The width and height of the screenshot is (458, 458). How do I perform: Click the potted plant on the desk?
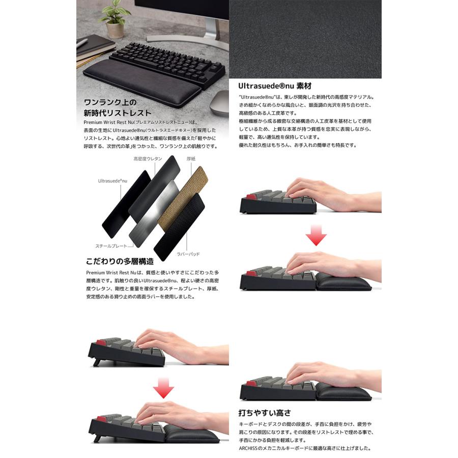[x=114, y=21]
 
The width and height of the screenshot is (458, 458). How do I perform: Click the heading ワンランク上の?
[x=110, y=102]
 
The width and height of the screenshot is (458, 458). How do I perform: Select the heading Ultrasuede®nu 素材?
[x=275, y=86]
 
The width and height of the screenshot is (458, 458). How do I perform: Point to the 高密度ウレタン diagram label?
[x=148, y=159]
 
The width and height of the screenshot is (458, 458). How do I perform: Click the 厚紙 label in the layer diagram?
[x=191, y=159]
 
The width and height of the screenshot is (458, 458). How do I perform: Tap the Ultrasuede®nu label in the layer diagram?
[x=112, y=181]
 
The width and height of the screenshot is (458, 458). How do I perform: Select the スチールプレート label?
[x=111, y=246]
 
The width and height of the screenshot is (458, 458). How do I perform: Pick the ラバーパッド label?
[x=188, y=254]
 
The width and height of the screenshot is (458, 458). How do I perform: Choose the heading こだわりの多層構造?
[x=120, y=262]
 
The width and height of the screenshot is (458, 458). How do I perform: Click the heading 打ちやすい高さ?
[x=265, y=413]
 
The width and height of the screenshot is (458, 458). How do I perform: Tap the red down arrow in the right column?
[x=316, y=235]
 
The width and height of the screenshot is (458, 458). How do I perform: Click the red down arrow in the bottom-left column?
[x=163, y=388]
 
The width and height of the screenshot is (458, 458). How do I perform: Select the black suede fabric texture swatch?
[x=305, y=39]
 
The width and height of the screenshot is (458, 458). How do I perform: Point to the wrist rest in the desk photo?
[x=142, y=81]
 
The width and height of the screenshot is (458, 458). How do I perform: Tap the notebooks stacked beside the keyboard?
[x=95, y=51]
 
